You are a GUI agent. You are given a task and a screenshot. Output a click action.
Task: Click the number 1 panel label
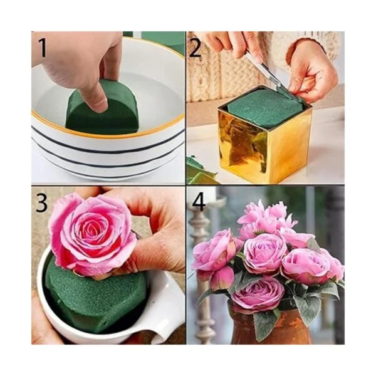(x=42, y=48)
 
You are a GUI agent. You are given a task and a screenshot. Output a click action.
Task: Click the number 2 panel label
(x=196, y=48)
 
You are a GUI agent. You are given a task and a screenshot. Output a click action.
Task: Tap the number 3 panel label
(x=42, y=203)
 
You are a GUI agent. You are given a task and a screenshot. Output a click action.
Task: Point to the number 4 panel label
(x=199, y=203)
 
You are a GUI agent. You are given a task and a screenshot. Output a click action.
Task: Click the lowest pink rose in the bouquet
(x=259, y=294)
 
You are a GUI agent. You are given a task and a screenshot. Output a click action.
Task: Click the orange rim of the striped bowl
(x=108, y=131)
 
